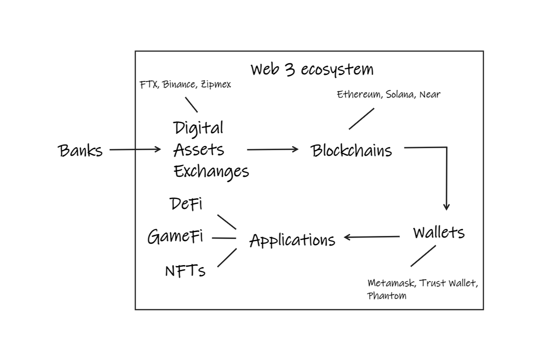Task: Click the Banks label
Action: [80, 151]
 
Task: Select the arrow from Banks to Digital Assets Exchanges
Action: [135, 150]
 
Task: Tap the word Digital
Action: [198, 128]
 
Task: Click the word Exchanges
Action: [211, 172]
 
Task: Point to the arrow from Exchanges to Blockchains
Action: [272, 150]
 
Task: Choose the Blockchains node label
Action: [351, 151]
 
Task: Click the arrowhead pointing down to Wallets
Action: [447, 206]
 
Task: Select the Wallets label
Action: [439, 232]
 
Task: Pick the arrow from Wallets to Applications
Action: [372, 237]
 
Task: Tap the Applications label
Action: [292, 241]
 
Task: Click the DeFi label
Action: [186, 204]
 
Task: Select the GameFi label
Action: [175, 236]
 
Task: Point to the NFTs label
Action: [185, 271]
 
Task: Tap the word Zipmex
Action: [216, 85]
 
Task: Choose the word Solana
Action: [400, 94]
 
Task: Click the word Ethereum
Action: [359, 94]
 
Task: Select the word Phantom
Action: [387, 296]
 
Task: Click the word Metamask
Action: [391, 283]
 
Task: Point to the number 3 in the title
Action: [290, 69]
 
